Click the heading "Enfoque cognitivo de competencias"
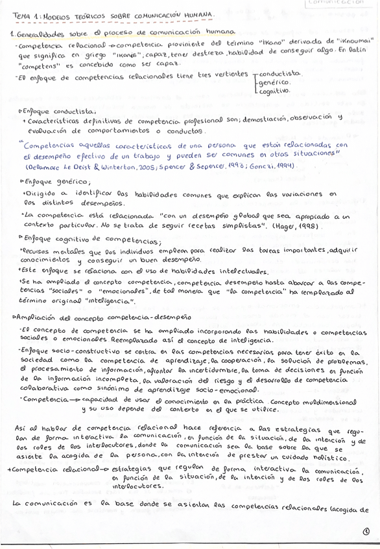point(91,241)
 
